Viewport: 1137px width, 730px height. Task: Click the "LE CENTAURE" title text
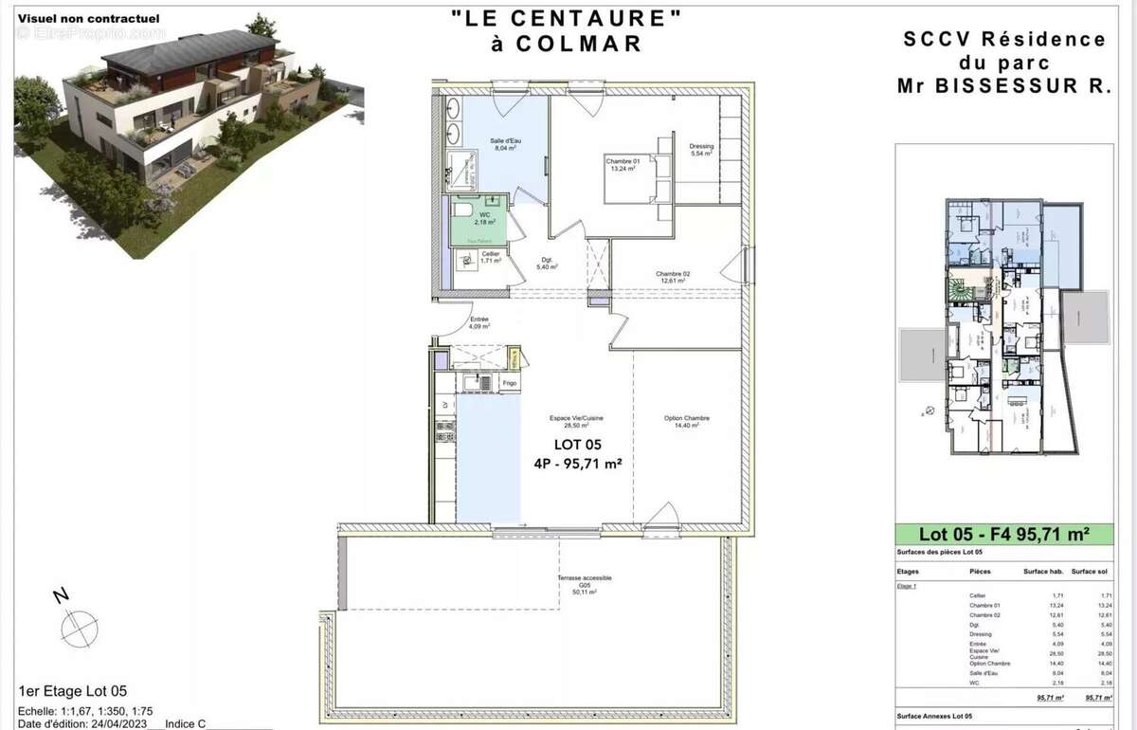click(567, 18)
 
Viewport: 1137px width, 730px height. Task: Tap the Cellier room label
click(489, 256)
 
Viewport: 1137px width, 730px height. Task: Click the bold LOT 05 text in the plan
click(577, 445)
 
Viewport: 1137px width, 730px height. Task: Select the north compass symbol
click(79, 626)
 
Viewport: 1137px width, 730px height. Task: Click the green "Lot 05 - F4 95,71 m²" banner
click(1003, 534)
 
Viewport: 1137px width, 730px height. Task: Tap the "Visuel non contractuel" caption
click(88, 18)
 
